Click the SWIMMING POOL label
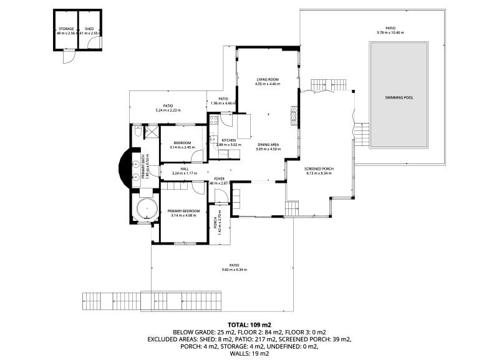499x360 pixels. pyautogui.click(x=399, y=98)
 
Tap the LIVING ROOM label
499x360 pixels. pyautogui.click(x=267, y=79)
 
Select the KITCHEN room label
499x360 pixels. pyautogui.click(x=228, y=140)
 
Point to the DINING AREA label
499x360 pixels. pyautogui.click(x=267, y=145)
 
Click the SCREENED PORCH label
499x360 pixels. pyautogui.click(x=319, y=169)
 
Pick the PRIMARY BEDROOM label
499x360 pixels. pyautogui.click(x=183, y=211)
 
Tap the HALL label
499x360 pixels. pyautogui.click(x=185, y=168)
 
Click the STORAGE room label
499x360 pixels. pyautogui.click(x=66, y=29)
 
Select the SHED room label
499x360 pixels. pyautogui.click(x=89, y=29)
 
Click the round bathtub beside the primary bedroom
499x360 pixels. pyautogui.click(x=145, y=208)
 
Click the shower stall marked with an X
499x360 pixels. pyautogui.click(x=151, y=132)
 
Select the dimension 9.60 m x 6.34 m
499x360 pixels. pyautogui.click(x=235, y=270)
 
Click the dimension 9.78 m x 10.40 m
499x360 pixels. pyautogui.click(x=390, y=32)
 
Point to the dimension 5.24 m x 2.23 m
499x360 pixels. pyautogui.click(x=168, y=110)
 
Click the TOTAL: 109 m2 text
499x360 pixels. pyautogui.click(x=249, y=325)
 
